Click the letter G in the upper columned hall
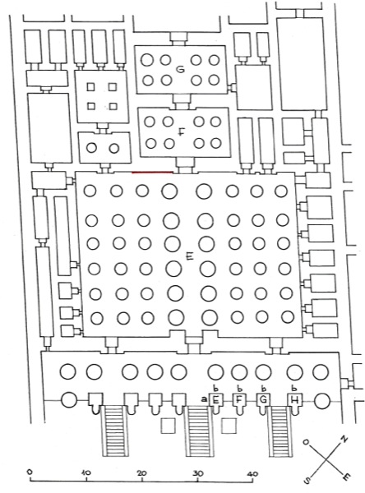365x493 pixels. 180,70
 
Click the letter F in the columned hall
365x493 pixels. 181,132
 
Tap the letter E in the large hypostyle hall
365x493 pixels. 190,257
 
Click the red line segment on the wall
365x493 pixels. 152,173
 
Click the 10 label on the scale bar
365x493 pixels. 85,472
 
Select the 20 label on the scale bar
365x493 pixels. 141,472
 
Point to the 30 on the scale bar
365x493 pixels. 197,472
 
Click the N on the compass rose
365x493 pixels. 344,440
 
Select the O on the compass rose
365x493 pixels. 305,442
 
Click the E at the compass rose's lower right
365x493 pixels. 346,477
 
